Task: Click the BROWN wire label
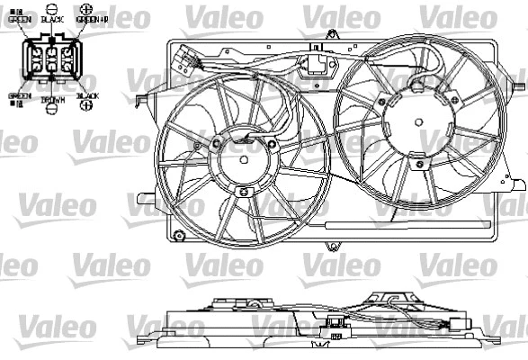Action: coord(53,102)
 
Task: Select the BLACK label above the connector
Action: coord(52,18)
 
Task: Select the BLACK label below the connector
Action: coord(87,94)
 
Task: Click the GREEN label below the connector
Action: coord(19,94)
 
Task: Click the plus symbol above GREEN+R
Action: coord(85,9)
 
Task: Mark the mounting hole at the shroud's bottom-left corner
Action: coord(179,238)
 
